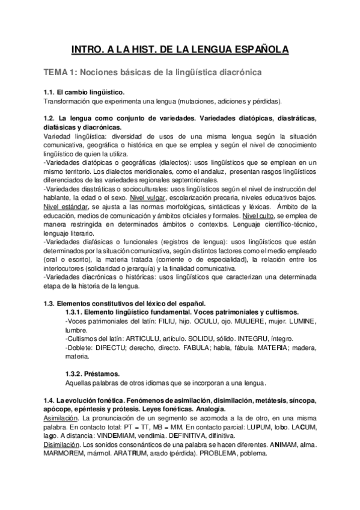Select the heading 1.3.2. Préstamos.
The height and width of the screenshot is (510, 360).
coord(91,373)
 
